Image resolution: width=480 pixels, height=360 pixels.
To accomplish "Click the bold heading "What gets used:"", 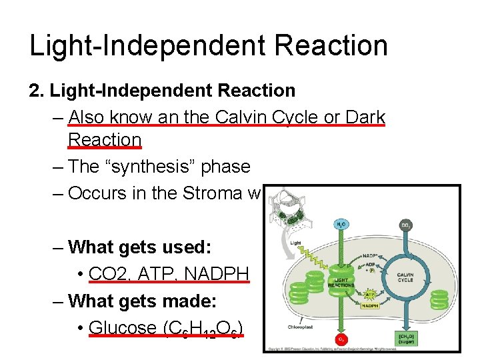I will (140, 247).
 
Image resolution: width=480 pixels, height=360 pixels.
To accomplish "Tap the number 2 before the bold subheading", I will (35, 90).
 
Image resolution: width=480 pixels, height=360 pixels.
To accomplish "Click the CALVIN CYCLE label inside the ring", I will (405, 277).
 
